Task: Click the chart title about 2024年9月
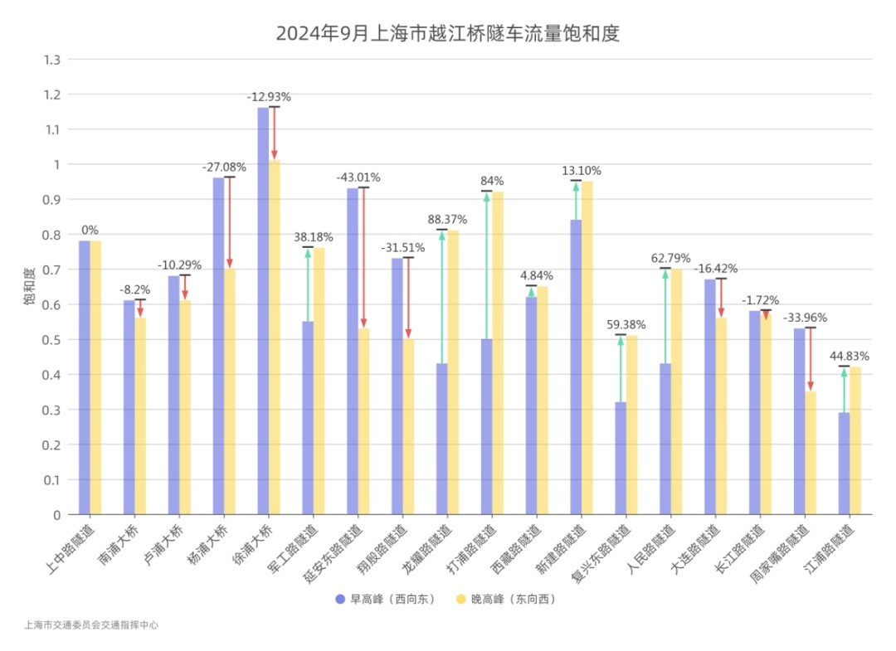coord(448,34)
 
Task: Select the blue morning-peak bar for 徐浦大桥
coord(263,311)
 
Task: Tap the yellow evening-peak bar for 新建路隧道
coord(587,347)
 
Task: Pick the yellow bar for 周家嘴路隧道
coord(811,453)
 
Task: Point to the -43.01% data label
coord(358,177)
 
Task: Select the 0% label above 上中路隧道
coord(90,230)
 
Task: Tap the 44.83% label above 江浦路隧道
coord(850,356)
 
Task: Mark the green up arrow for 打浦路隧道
coord(487,265)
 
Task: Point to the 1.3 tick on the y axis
coord(53,60)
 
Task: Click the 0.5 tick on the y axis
coord(53,340)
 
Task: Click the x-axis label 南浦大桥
coord(124,543)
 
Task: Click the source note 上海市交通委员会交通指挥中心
coord(91,625)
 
